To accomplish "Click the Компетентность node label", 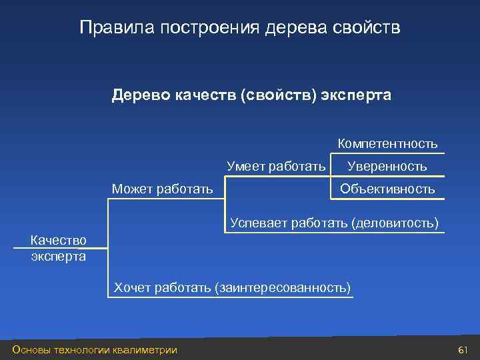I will pyautogui.click(x=387, y=143).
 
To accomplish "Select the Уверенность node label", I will pyautogui.click(x=387, y=166).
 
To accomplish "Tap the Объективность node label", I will pyautogui.click(x=387, y=189).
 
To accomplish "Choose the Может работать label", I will pyautogui.click(x=163, y=189).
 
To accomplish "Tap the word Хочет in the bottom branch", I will pyautogui.click(x=133, y=287).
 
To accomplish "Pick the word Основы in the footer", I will pyautogui.click(x=32, y=350).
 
